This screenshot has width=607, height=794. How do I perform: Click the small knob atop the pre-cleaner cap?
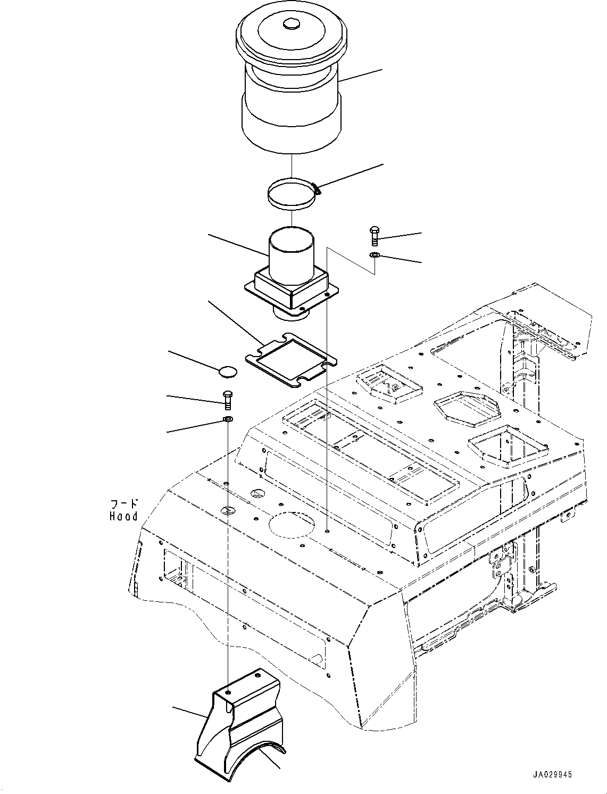291,24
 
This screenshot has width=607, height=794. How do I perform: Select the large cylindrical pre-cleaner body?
291,106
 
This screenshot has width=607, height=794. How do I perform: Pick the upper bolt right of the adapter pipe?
374,236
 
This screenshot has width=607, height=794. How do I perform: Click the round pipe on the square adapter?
291,253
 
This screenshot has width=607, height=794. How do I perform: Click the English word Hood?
123,516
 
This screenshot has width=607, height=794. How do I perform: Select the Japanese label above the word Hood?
124,503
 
